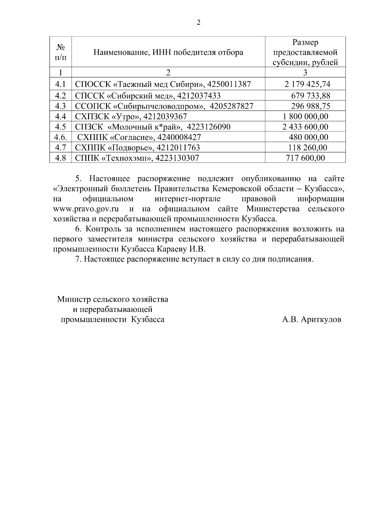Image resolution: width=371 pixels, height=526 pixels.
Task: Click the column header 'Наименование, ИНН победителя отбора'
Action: [x=168, y=52]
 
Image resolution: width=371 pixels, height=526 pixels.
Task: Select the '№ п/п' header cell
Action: [x=61, y=52]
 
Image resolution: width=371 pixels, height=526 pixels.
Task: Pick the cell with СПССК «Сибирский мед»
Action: [x=148, y=96]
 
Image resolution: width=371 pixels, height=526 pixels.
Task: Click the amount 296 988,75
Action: [x=310, y=106]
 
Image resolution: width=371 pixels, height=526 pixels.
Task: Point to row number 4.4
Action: [x=61, y=116]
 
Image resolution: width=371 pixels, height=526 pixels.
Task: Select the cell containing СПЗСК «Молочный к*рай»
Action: [x=153, y=127]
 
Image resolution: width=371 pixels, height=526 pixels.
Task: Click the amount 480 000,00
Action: [x=308, y=137]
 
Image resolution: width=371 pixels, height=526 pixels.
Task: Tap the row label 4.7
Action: [x=61, y=147]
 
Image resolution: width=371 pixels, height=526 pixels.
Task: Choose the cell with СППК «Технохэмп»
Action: [x=137, y=158]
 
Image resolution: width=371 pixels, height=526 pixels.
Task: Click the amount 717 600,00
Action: [x=305, y=158]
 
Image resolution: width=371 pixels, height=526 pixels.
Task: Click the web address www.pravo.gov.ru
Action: [x=86, y=209]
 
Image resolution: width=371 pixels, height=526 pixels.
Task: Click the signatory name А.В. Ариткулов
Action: [x=311, y=320]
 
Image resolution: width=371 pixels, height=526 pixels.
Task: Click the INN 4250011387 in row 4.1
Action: [x=229, y=84]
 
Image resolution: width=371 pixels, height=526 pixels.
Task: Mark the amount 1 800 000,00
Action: [x=305, y=116]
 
